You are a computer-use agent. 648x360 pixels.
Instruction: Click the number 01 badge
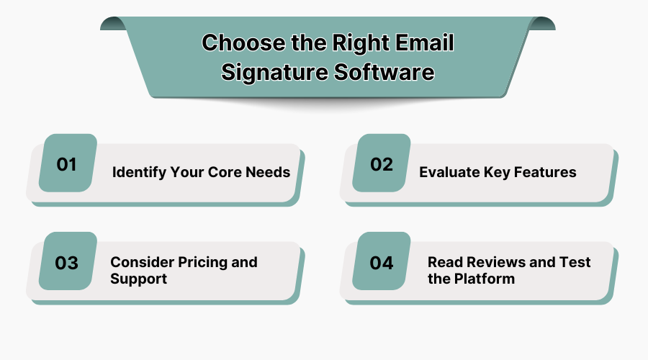68,163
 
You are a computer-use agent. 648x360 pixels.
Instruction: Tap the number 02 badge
382,163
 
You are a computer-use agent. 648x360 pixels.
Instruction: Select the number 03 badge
68,261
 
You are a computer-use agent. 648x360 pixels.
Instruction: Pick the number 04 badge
382,261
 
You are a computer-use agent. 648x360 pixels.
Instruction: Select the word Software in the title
384,72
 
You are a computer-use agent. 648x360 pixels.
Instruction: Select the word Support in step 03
138,279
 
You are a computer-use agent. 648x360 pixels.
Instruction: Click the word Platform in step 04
485,279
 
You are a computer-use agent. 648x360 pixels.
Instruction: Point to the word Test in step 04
575,262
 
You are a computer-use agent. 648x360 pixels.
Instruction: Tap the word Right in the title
361,44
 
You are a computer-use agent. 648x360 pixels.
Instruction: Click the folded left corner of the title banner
113,24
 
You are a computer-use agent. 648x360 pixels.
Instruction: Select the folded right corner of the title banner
542,24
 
